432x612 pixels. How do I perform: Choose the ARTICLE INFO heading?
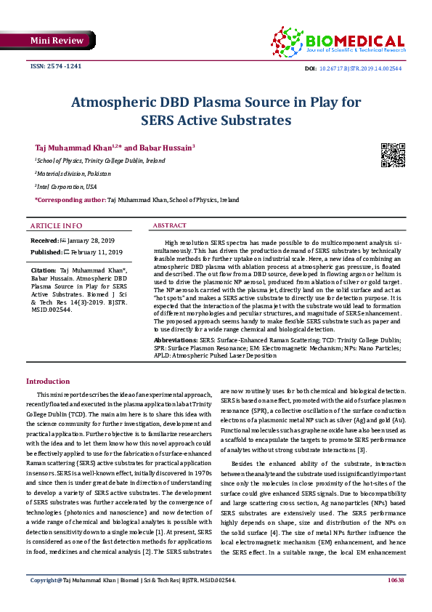point(56,225)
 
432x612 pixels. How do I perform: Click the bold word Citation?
point(44,270)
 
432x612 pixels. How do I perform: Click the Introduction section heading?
point(48,382)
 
